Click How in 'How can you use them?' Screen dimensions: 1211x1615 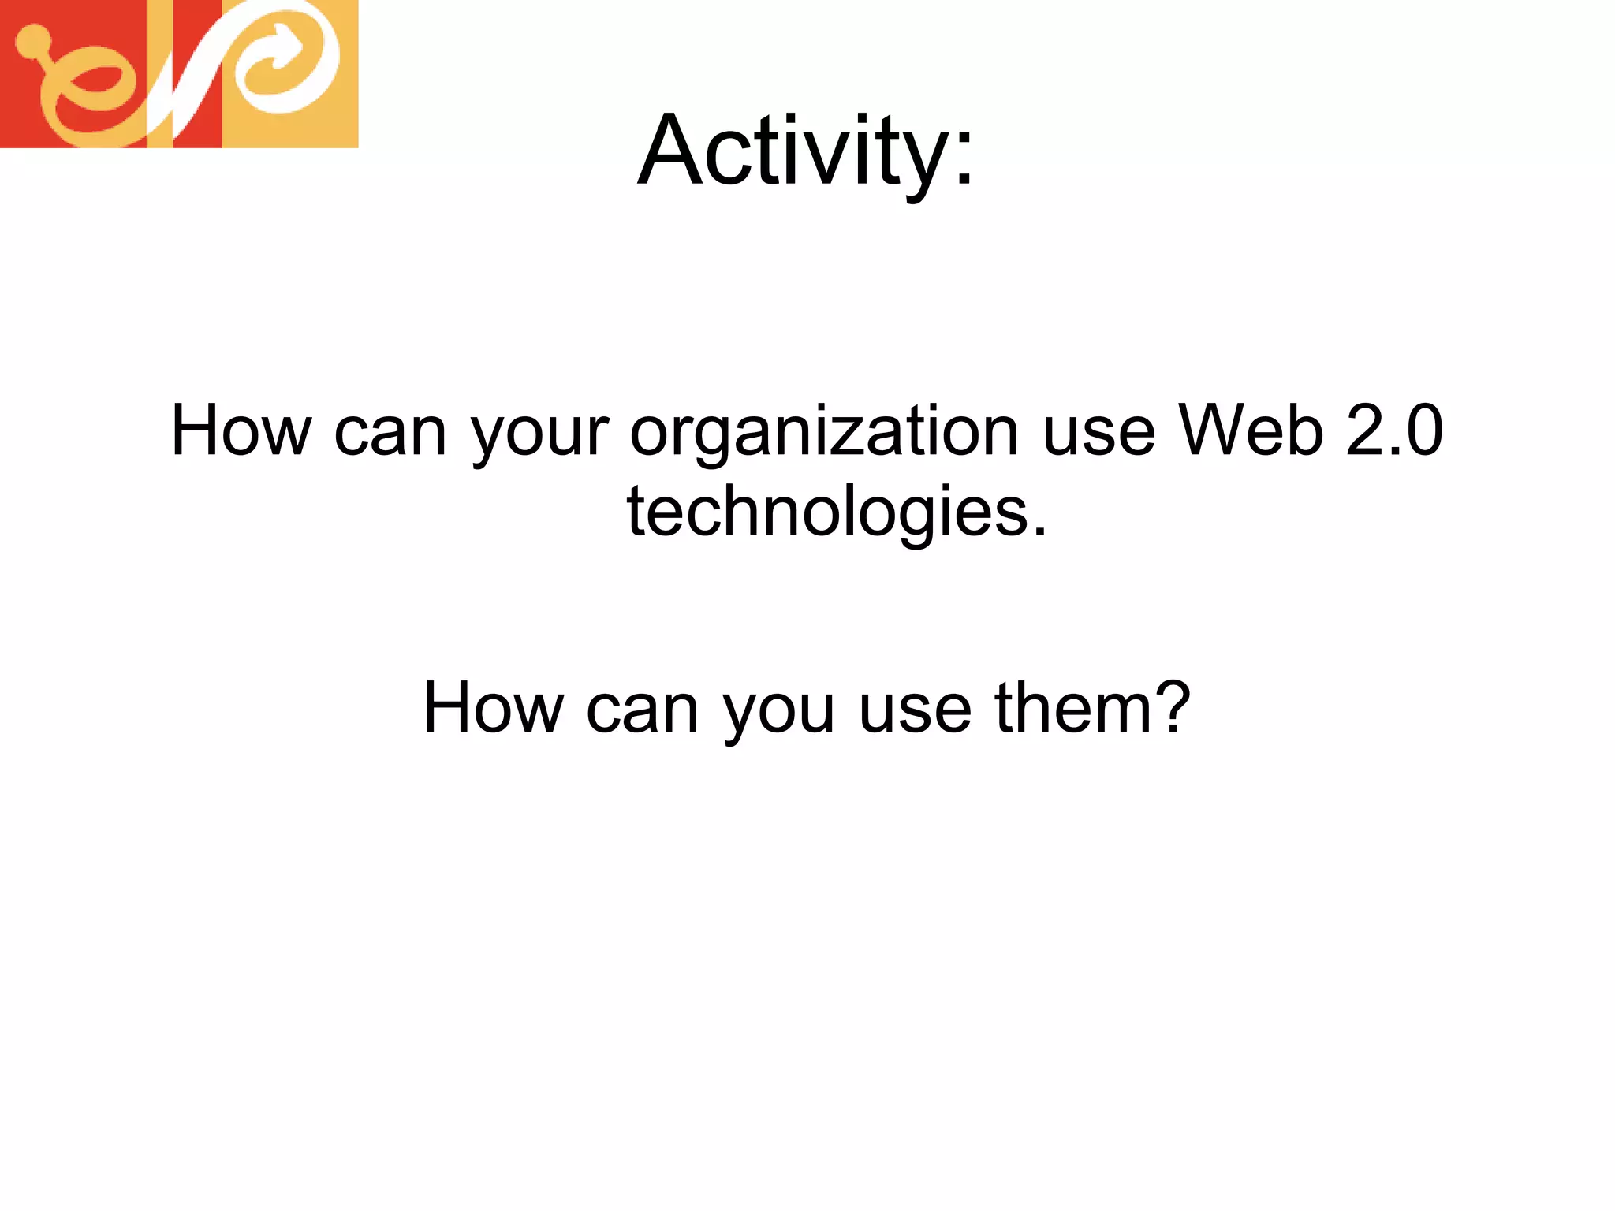[x=493, y=707]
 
